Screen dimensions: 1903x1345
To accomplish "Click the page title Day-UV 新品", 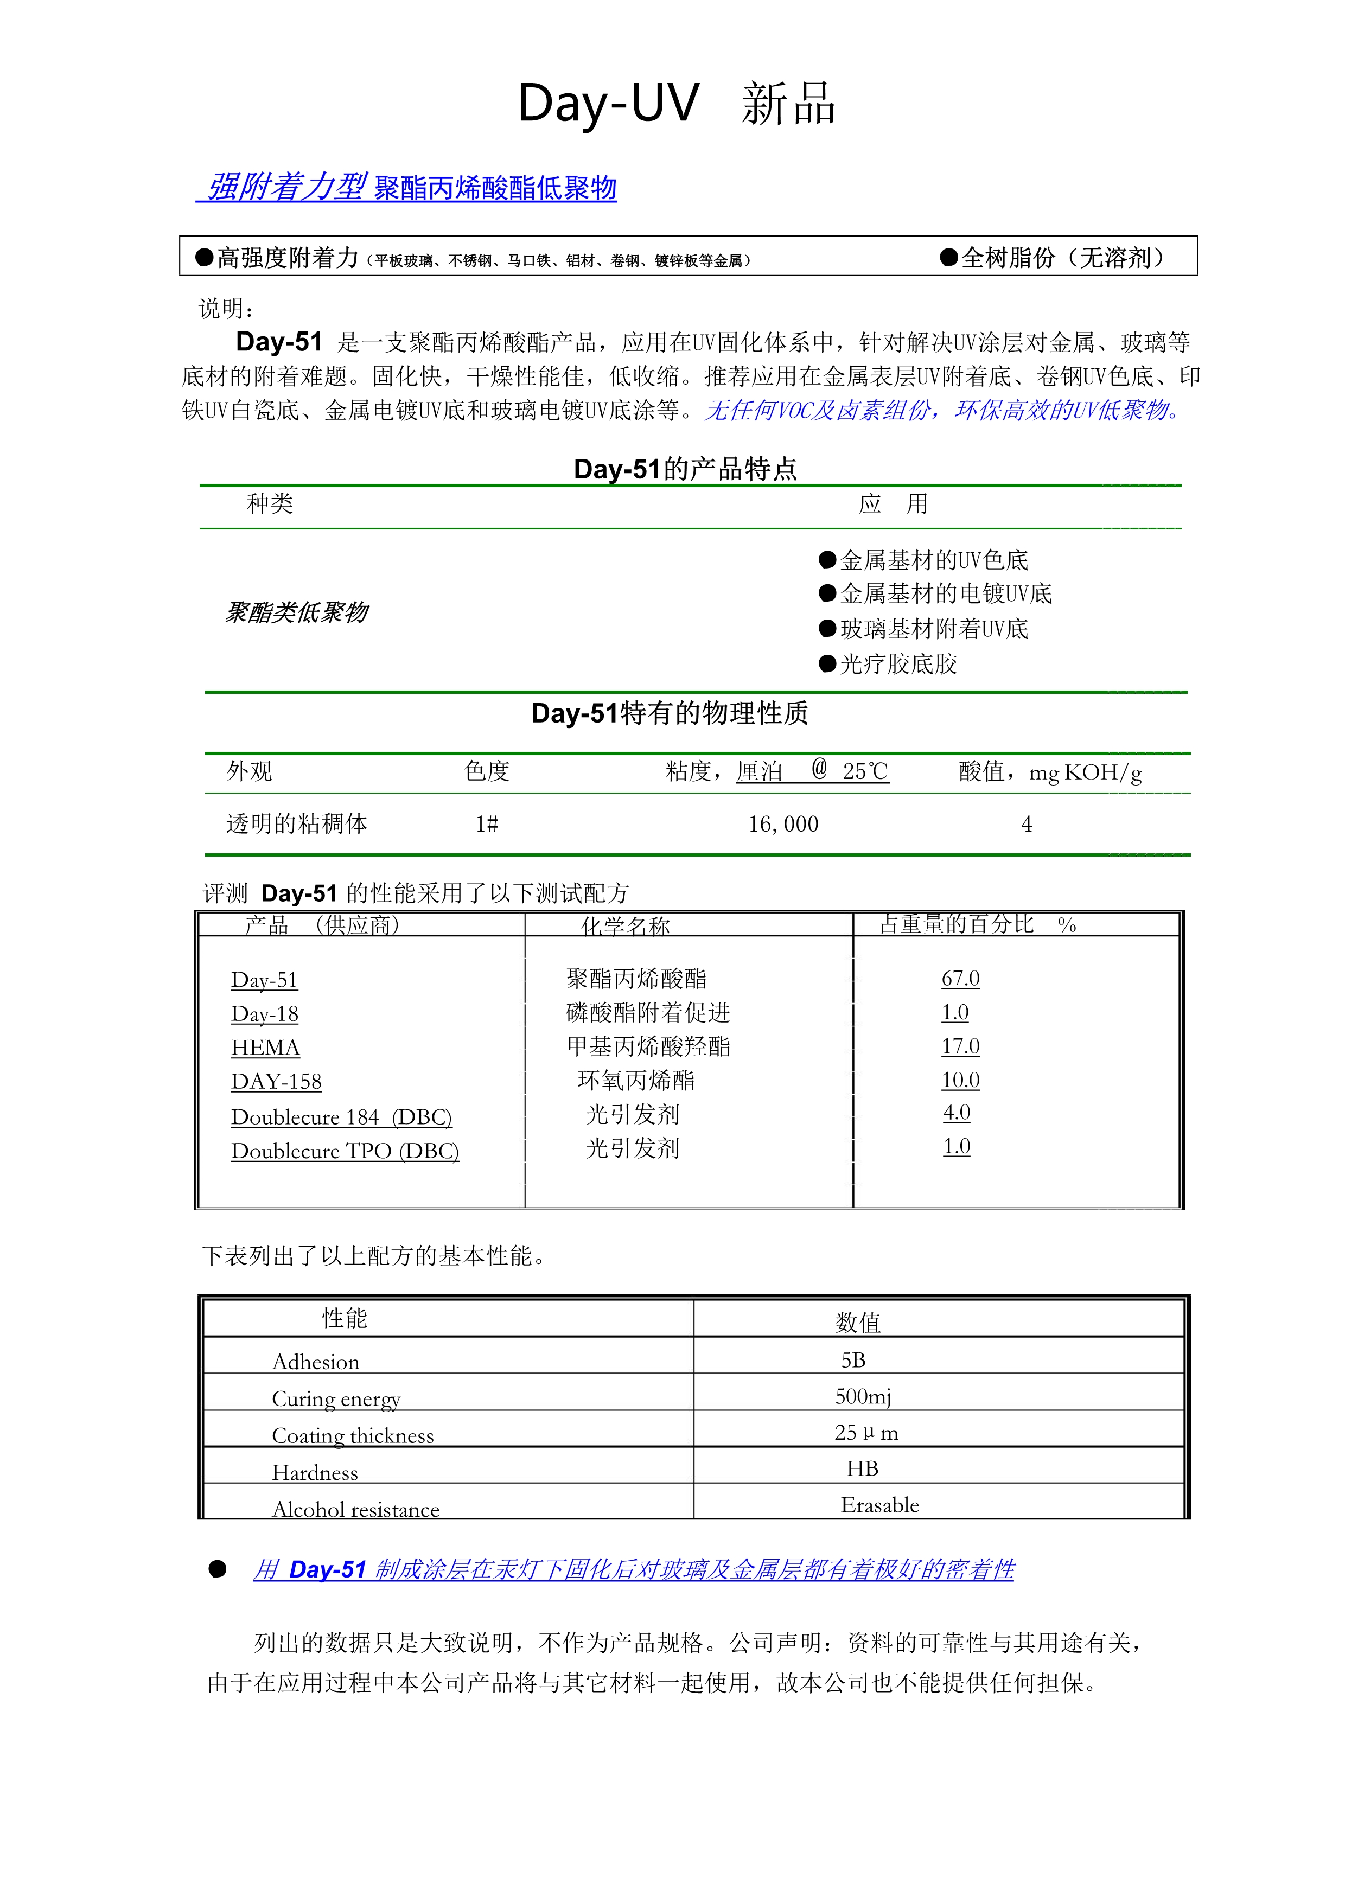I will tap(676, 105).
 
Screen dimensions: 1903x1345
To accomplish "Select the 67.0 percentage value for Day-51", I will tap(960, 979).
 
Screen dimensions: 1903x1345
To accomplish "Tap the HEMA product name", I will tap(265, 1048).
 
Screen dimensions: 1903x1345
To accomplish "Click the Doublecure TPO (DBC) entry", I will tap(345, 1151).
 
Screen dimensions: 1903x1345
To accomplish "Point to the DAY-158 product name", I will tap(276, 1082).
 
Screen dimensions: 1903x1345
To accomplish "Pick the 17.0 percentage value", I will tap(960, 1047).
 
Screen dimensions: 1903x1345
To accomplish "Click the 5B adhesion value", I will tap(853, 1360).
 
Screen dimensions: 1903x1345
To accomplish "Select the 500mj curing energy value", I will tap(863, 1396).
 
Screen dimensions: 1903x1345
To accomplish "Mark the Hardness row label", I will tap(315, 1473).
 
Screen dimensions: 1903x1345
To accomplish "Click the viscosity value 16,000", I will tap(783, 824).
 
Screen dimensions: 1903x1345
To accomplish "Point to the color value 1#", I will tap(487, 824).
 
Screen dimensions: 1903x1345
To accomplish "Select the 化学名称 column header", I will tap(625, 926).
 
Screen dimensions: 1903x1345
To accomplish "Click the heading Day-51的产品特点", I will tap(685, 469).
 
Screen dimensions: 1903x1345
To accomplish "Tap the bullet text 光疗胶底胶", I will tap(898, 664).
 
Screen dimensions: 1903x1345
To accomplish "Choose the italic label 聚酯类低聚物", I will tap(297, 612).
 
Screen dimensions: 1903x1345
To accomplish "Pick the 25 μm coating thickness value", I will tap(865, 1433).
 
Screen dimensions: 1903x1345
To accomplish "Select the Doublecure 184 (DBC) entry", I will tap(341, 1117).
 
